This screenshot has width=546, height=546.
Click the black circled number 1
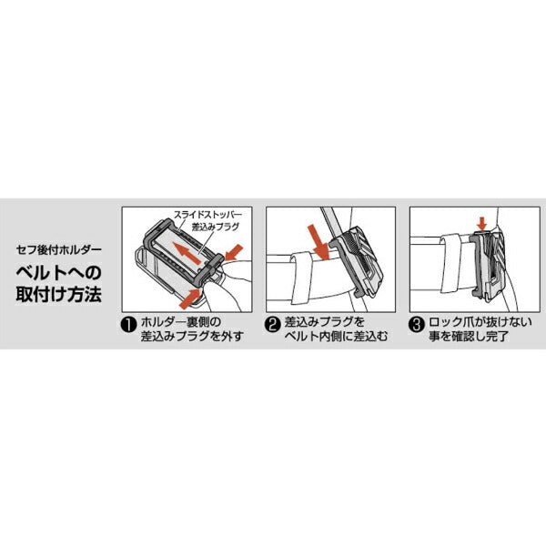point(128,321)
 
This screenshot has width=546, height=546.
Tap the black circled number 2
point(272,321)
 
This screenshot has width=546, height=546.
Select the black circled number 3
point(415,321)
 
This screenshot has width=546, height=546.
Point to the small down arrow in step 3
point(482,223)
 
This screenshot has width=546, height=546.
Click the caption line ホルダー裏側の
point(184,321)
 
